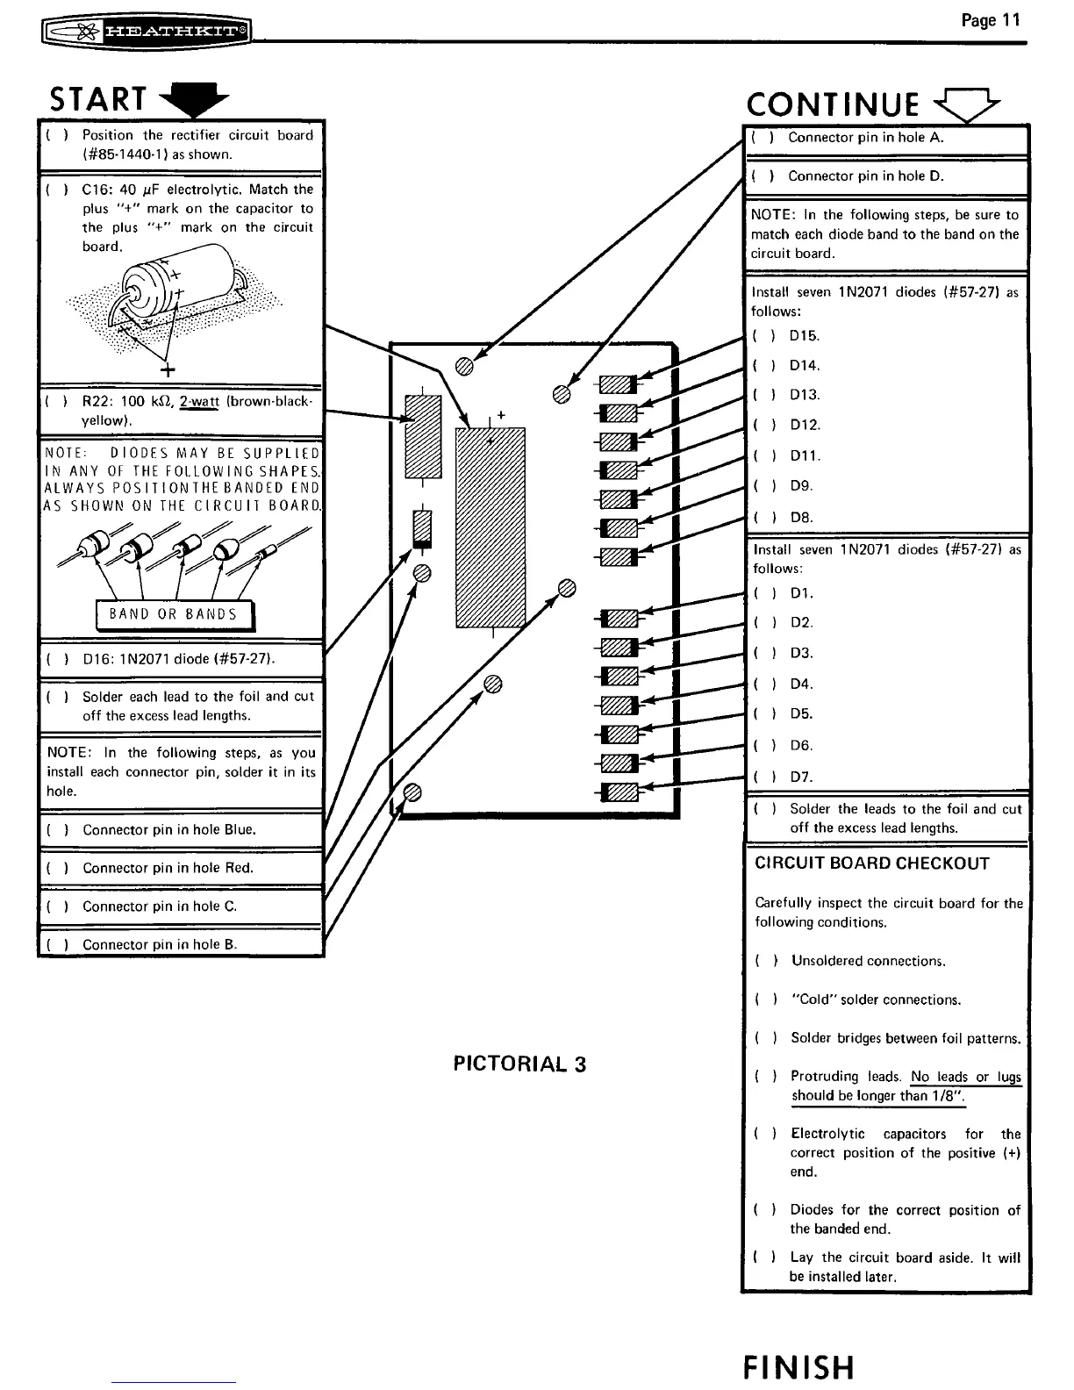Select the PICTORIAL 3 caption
519,1064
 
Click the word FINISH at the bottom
798,1367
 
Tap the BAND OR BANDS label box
173,614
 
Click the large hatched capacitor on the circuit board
490,527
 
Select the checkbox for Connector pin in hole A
762,138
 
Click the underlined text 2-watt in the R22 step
199,402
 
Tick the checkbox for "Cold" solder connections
764,1000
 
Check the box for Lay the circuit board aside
763,1258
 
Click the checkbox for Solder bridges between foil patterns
764,1039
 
